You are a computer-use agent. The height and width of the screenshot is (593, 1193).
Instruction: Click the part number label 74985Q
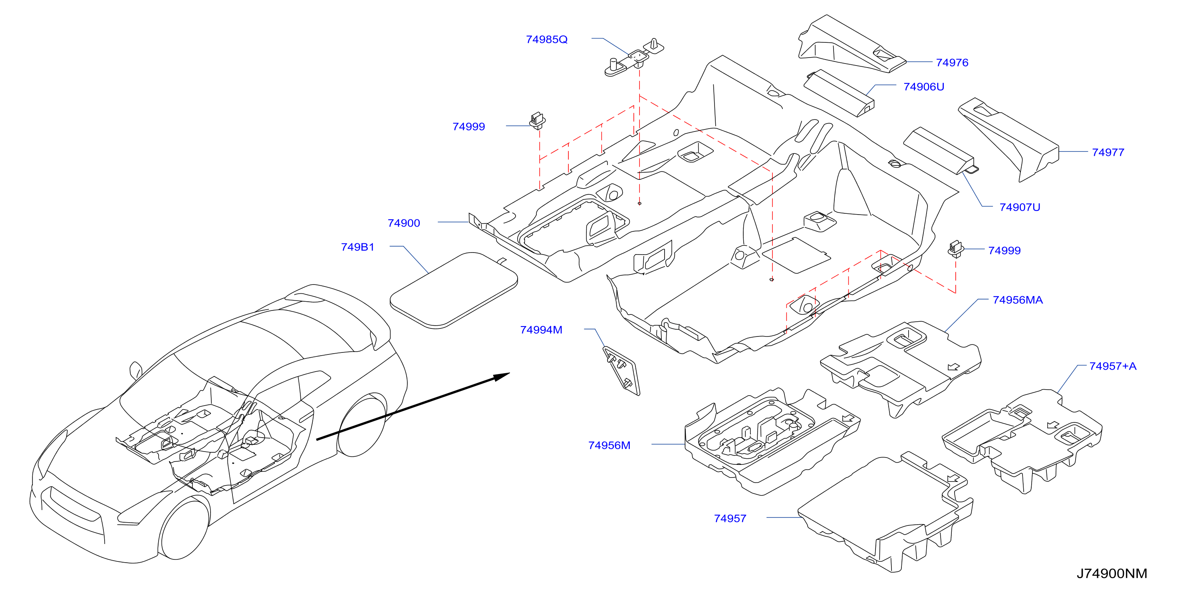click(x=546, y=40)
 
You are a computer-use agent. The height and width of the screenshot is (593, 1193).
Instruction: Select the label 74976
click(x=952, y=63)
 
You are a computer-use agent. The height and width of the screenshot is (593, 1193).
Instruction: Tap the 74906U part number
click(x=923, y=87)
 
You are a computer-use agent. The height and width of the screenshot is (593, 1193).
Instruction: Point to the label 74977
click(x=1108, y=152)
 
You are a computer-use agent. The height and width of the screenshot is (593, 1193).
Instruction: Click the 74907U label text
click(x=1019, y=207)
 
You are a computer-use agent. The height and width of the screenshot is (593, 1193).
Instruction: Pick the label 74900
click(x=403, y=223)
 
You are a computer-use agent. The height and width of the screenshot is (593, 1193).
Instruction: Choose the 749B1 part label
click(x=357, y=247)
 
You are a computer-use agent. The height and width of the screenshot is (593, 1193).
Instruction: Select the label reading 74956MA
click(x=1018, y=300)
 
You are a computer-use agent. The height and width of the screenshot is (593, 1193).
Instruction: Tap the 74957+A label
click(x=1112, y=366)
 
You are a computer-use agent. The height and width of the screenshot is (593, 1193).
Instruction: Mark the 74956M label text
click(x=609, y=445)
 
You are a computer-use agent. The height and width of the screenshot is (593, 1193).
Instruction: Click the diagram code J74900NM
click(x=1112, y=573)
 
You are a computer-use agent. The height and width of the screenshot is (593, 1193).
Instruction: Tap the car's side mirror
click(x=136, y=370)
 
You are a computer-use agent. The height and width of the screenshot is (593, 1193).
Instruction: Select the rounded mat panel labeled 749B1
click(x=454, y=291)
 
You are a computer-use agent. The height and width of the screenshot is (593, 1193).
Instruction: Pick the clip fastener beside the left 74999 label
click(x=537, y=120)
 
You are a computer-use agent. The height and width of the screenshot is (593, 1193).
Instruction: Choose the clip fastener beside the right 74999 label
click(x=956, y=249)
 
